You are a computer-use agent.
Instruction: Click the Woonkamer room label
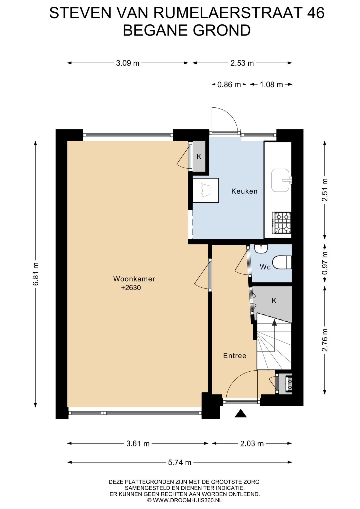[x=134, y=279]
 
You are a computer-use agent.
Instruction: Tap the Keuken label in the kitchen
[x=244, y=191]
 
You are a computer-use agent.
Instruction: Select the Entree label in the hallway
[x=235, y=356]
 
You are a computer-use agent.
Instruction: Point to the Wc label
[x=265, y=267]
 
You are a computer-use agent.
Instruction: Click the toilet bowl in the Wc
[x=282, y=262]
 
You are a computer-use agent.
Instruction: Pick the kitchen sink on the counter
[x=281, y=180]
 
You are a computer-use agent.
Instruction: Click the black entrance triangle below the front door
[x=240, y=413]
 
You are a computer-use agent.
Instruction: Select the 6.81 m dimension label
[x=36, y=274]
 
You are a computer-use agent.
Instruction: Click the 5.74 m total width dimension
[x=179, y=462]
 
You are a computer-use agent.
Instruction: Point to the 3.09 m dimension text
[x=128, y=63]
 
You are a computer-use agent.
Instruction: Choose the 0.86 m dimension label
[x=229, y=85]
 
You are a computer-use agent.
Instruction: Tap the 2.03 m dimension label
[x=252, y=444]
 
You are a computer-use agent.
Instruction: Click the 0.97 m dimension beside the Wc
[x=325, y=263]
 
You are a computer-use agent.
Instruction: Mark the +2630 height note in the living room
[x=131, y=288]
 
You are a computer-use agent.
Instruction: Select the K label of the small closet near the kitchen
[x=199, y=156]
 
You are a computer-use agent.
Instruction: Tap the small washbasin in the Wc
[x=261, y=248]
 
